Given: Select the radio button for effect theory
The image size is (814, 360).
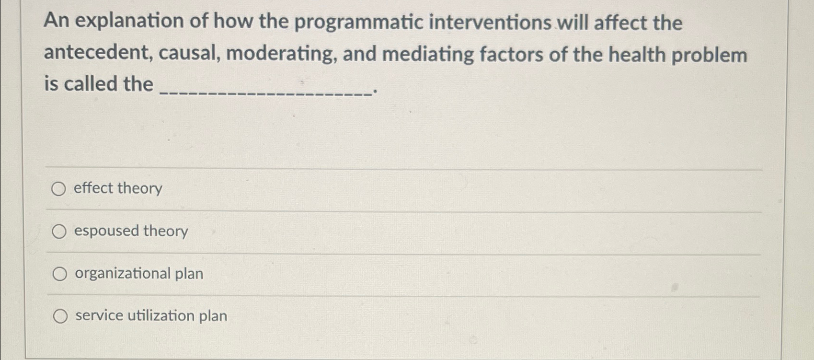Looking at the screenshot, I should pyautogui.click(x=58, y=189).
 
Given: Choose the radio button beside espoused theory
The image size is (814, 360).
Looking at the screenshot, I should pyautogui.click(x=59, y=232).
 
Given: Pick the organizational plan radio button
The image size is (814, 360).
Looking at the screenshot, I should pyautogui.click(x=60, y=274).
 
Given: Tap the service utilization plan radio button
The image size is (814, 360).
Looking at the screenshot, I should pyautogui.click(x=60, y=316).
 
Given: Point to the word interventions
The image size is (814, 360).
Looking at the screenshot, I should pyautogui.click(x=490, y=23).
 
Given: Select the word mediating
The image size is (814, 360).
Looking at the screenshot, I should pyautogui.click(x=428, y=54).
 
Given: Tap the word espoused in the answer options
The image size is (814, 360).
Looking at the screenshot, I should pyautogui.click(x=106, y=231).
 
